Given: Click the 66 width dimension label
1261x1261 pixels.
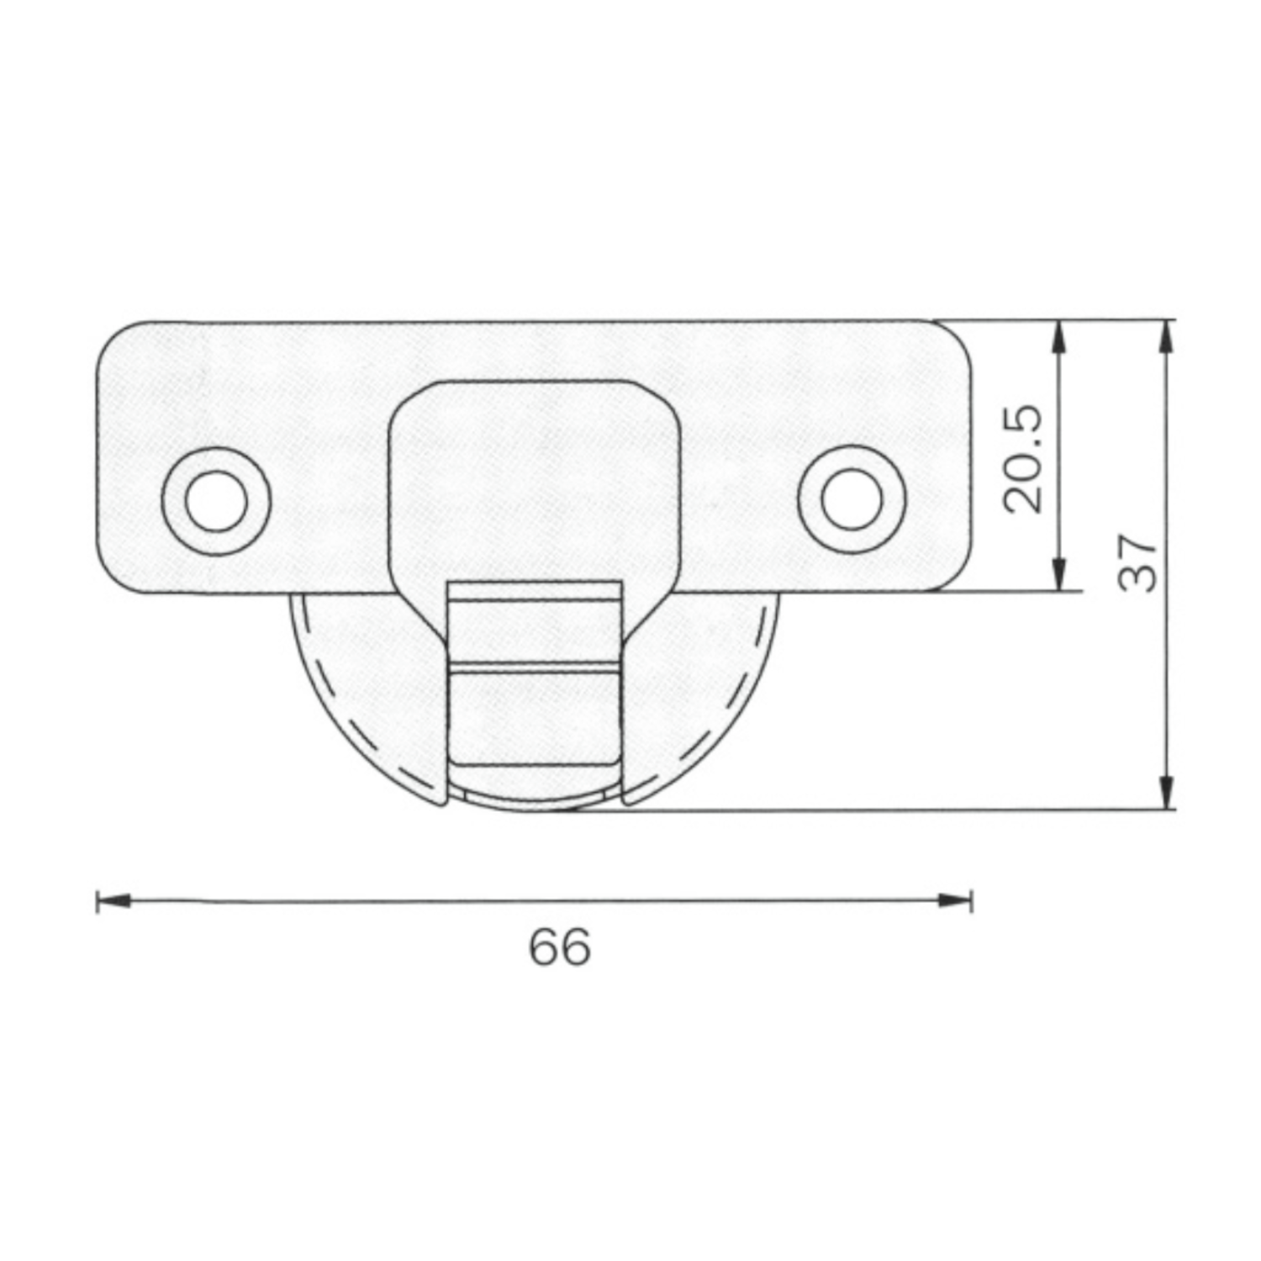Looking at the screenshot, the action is point(560,947).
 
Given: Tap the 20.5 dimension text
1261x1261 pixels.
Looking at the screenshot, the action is point(1023,459).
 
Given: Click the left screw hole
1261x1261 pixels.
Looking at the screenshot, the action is point(217,500).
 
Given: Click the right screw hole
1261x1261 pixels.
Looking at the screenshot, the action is point(852,500).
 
